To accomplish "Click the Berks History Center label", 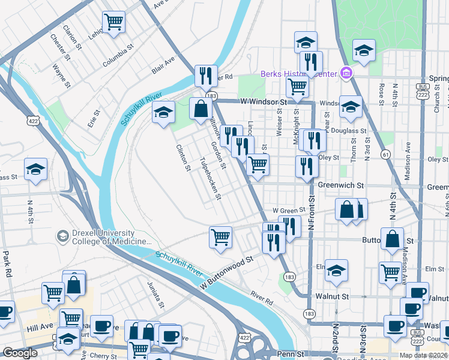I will point(298,74).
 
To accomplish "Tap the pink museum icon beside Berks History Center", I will point(346,74).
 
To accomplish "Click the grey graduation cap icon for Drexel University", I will point(62,236).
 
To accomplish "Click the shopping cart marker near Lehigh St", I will point(113,22).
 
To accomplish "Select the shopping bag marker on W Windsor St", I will point(200,109).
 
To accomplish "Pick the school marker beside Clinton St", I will point(163,112).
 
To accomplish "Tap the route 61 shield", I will point(384,155).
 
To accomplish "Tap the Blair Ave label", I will point(163,65).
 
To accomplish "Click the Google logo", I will point(20,353).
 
